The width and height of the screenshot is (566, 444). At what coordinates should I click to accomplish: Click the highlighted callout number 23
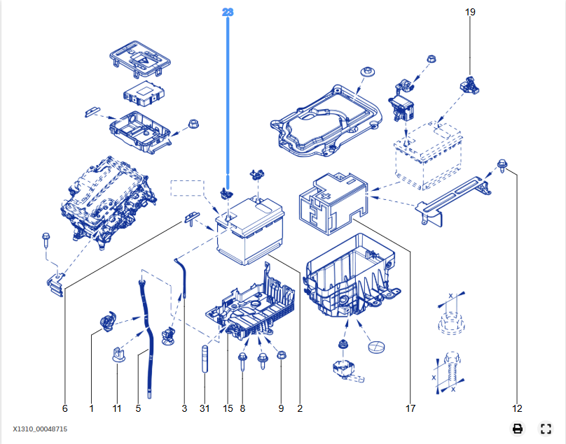(x=228, y=13)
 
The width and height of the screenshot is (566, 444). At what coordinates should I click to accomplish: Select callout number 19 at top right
(x=470, y=12)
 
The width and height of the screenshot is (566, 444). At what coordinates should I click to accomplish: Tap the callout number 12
(x=517, y=408)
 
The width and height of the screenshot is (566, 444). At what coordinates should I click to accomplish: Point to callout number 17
(x=410, y=408)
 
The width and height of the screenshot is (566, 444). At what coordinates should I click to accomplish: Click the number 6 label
(x=65, y=408)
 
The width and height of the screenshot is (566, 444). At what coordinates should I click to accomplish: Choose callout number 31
(x=205, y=408)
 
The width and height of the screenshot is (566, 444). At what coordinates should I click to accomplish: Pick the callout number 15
(x=228, y=408)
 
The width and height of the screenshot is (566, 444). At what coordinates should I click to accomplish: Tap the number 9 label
(x=281, y=408)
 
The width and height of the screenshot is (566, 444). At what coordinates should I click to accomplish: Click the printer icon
(x=518, y=429)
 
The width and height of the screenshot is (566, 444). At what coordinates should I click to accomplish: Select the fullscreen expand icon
(x=546, y=429)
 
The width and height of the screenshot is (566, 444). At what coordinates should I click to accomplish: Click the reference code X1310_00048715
(x=40, y=429)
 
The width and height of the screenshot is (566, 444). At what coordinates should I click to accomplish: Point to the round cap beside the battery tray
(x=376, y=347)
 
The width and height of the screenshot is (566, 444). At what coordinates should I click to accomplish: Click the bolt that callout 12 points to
(x=502, y=165)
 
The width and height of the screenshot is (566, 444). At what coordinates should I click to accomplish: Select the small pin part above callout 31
(x=205, y=359)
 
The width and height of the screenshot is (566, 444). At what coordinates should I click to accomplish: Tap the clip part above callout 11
(x=118, y=355)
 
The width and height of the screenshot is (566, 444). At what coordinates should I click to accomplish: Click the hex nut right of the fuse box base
(x=194, y=124)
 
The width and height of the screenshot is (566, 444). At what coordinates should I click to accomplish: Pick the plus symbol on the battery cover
(x=326, y=196)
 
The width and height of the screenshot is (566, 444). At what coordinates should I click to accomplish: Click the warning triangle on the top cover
(x=143, y=60)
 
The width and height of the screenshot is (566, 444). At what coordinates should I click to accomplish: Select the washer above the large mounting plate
(x=368, y=72)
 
